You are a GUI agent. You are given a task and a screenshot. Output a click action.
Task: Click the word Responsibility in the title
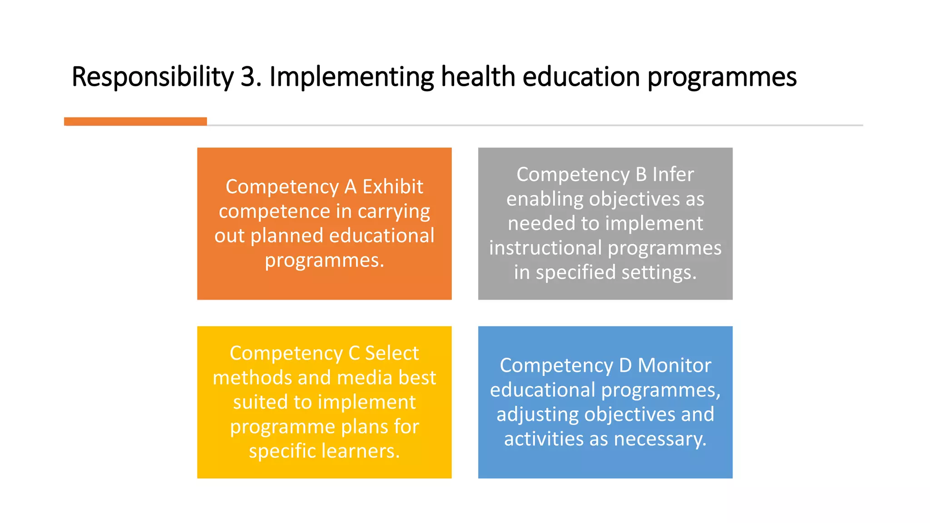tap(152, 77)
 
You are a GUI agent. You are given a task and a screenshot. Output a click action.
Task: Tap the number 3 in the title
tap(248, 77)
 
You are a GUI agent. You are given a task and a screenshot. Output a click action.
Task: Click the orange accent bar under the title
tap(135, 121)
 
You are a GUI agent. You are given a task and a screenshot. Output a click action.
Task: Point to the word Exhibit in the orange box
tap(393, 187)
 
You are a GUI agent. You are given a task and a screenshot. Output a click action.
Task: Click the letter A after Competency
tap(350, 187)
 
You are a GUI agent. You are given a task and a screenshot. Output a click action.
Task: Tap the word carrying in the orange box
tap(394, 212)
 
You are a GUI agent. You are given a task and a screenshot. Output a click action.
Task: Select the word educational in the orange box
tap(381, 236)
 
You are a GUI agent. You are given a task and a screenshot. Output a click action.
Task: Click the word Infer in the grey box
tap(673, 174)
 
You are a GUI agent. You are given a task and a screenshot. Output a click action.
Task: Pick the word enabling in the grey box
tap(539, 199)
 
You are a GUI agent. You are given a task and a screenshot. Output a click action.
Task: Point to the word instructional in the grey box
tap(545, 248)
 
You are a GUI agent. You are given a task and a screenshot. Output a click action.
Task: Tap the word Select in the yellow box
tap(392, 353)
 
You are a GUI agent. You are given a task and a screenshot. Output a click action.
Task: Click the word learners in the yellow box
tap(361, 451)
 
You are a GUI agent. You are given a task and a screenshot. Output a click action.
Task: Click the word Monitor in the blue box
tap(674, 365)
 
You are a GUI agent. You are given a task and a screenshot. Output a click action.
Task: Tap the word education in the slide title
tap(581, 77)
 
